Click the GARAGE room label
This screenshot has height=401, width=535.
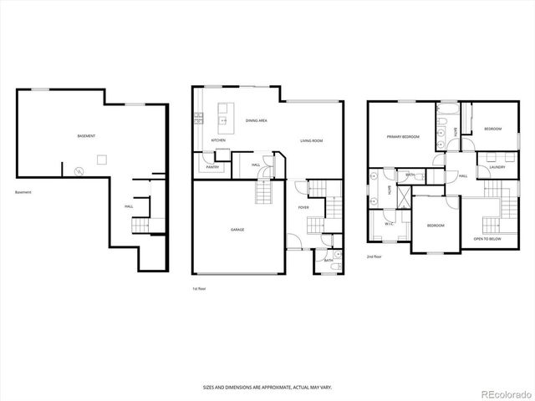click(237, 229)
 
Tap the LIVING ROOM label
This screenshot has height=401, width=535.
click(312, 140)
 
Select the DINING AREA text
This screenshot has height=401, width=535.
click(256, 121)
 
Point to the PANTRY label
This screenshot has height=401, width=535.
click(213, 167)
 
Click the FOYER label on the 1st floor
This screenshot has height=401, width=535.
click(303, 206)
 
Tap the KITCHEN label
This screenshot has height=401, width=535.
click(218, 140)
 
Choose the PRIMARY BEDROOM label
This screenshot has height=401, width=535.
click(402, 136)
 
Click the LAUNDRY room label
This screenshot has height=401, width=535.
click(485, 167)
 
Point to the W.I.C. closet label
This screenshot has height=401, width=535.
click(389, 224)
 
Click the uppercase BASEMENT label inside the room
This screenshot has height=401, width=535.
click(86, 135)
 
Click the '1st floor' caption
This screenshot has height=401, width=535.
click(200, 288)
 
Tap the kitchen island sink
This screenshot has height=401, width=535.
click(223, 121)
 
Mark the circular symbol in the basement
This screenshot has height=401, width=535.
click(79, 171)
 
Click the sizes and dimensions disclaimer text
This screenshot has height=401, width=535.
click(267, 387)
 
